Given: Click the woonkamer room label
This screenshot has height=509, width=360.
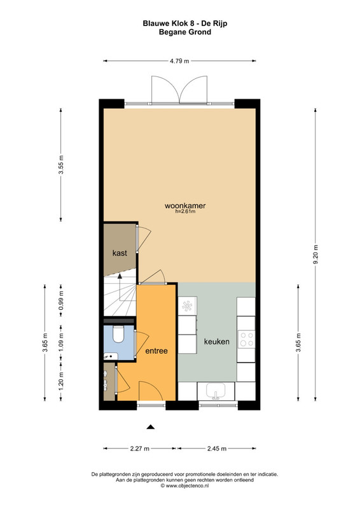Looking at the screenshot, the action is pos(185,206).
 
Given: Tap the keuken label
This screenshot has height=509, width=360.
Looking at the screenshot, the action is pos(217,342).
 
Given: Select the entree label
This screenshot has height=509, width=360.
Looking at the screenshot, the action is pos(156,351).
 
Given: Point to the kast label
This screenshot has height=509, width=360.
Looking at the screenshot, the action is pos(120,253).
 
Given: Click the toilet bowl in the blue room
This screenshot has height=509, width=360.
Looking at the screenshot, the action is pos(118,335).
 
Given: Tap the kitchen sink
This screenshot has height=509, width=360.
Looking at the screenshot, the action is pos(216,391).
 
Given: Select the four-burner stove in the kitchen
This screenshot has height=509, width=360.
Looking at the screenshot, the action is pos(246,338).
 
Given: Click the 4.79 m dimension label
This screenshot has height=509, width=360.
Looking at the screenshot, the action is pos(179,61).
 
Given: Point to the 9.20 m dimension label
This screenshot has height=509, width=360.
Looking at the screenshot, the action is pos(315,254).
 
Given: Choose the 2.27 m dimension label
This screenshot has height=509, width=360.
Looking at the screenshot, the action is pos(139,449).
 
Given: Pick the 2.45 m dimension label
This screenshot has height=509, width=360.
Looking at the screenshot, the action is pos(217,449).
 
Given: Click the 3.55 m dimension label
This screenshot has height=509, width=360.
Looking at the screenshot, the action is pos(61,165).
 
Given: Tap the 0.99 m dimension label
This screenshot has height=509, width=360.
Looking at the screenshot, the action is pos(61,300).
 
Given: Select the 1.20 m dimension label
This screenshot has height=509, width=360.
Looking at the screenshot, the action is pos(61,381).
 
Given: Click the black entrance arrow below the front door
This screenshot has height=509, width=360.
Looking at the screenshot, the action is pos(150,427).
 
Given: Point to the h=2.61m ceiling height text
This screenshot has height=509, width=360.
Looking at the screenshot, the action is pos(185,212).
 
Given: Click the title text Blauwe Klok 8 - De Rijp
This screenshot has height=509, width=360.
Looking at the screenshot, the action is pos(185,24).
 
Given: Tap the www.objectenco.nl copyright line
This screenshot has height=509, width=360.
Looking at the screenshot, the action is pos(184,486).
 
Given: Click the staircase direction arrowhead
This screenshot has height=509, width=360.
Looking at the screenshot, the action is pos(120,276).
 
